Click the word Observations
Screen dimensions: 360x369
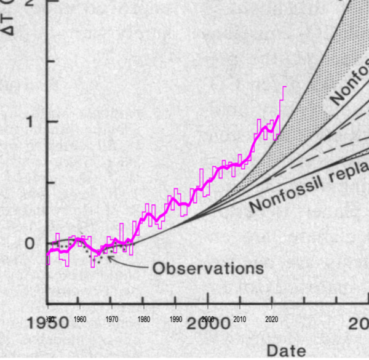coord(208,268)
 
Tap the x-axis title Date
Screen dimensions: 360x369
coord(285,351)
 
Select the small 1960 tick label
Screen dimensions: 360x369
coord(80,319)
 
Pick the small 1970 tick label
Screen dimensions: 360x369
coord(112,319)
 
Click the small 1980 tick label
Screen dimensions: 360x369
coord(144,319)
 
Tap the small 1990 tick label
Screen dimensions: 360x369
coord(176,319)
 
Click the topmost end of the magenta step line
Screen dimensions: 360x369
coord(285,87)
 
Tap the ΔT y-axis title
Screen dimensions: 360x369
coord(9,18)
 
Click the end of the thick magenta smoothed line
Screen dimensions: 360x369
coord(279,115)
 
